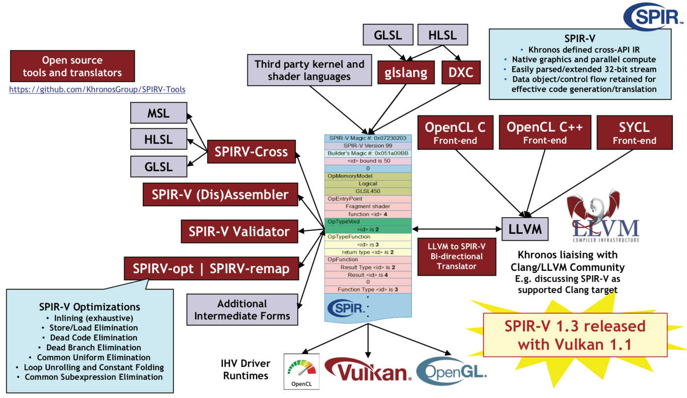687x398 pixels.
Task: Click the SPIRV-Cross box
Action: [x=251, y=152]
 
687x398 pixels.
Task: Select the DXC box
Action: [x=461, y=73]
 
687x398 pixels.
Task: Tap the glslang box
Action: [x=406, y=73]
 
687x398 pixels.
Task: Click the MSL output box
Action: [x=159, y=113]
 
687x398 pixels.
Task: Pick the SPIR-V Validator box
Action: [x=239, y=231]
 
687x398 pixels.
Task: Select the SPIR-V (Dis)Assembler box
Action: [x=220, y=195]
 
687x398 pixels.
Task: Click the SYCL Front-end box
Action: [x=634, y=133]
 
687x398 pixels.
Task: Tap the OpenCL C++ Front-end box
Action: [x=545, y=132]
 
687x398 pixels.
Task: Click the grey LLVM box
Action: [x=525, y=229]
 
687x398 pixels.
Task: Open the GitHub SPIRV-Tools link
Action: [x=97, y=89]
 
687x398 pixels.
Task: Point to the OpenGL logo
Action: [x=451, y=371]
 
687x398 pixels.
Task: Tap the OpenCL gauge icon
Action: [x=301, y=371]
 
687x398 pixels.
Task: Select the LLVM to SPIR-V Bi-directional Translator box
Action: [x=457, y=256]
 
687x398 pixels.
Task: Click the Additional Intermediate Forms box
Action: [x=242, y=310]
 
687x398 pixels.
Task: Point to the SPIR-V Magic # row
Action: [x=368, y=138]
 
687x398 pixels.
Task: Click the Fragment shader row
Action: [x=368, y=206]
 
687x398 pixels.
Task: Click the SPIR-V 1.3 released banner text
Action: [x=575, y=335]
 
